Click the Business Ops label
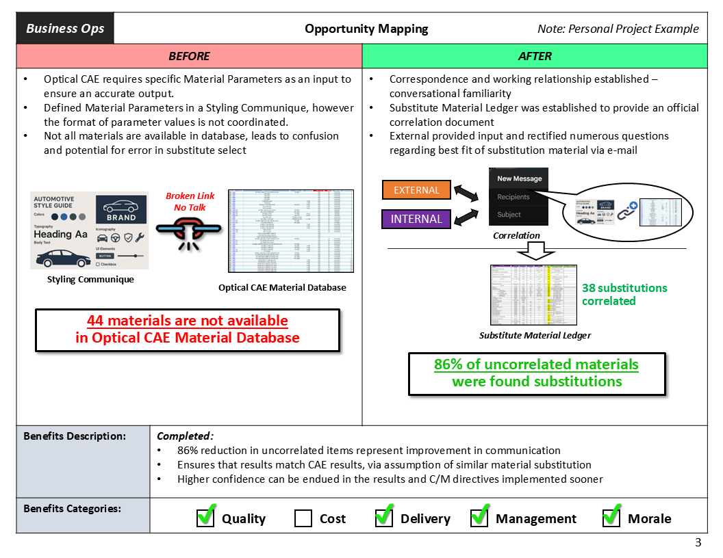(x=65, y=29)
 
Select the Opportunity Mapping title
(x=366, y=29)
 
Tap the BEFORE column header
(x=189, y=56)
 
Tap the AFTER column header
(x=535, y=56)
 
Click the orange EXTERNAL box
(x=416, y=190)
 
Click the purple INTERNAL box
(x=416, y=219)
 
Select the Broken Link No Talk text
(x=190, y=202)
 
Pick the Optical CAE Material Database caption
(x=282, y=287)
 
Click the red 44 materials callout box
(x=187, y=330)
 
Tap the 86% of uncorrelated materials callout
(x=536, y=373)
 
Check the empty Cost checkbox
(x=303, y=518)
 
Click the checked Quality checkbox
(x=205, y=518)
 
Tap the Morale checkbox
(x=611, y=518)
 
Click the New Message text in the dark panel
(x=519, y=178)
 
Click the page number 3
(x=698, y=543)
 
